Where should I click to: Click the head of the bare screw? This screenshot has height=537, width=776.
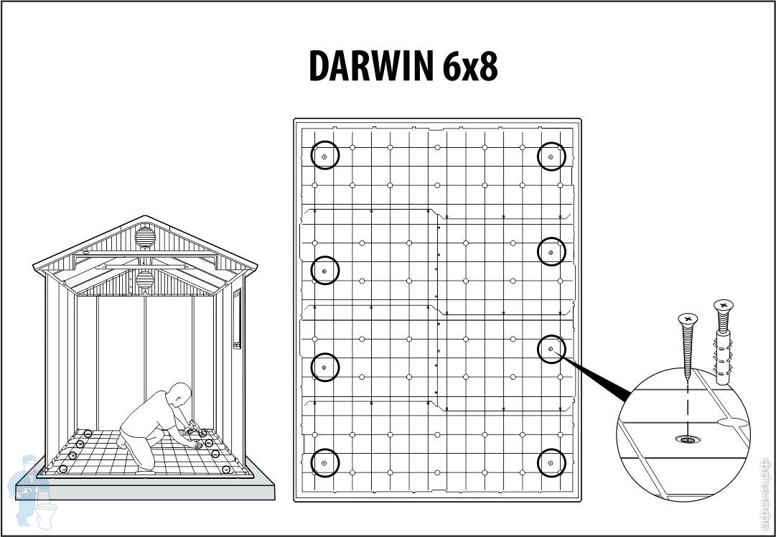click(688, 318)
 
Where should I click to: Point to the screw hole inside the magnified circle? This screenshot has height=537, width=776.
click(688, 439)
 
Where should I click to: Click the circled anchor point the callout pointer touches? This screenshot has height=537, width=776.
click(551, 349)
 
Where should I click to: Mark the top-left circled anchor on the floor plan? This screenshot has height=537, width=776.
click(324, 156)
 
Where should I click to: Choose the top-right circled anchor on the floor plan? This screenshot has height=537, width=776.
click(551, 156)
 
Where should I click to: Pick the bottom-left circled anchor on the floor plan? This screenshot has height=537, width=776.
click(324, 463)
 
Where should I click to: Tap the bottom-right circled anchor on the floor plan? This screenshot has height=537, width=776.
click(551, 463)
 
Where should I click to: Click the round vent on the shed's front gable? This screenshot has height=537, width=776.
click(145, 235)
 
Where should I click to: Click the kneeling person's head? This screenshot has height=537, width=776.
click(179, 395)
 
